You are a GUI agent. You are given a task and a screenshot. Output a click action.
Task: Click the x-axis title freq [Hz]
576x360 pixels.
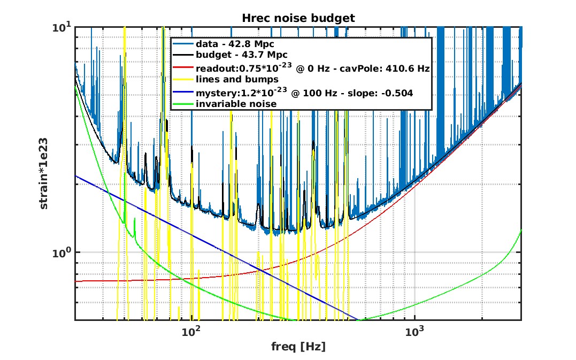point(298,346)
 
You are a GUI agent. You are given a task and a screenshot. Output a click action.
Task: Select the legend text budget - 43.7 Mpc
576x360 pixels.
point(241,56)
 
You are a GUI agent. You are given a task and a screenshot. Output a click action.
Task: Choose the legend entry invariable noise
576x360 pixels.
point(236,104)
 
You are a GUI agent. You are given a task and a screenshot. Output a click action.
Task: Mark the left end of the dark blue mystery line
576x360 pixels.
point(76,175)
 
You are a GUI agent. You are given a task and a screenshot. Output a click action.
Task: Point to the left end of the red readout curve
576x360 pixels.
point(76,281)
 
